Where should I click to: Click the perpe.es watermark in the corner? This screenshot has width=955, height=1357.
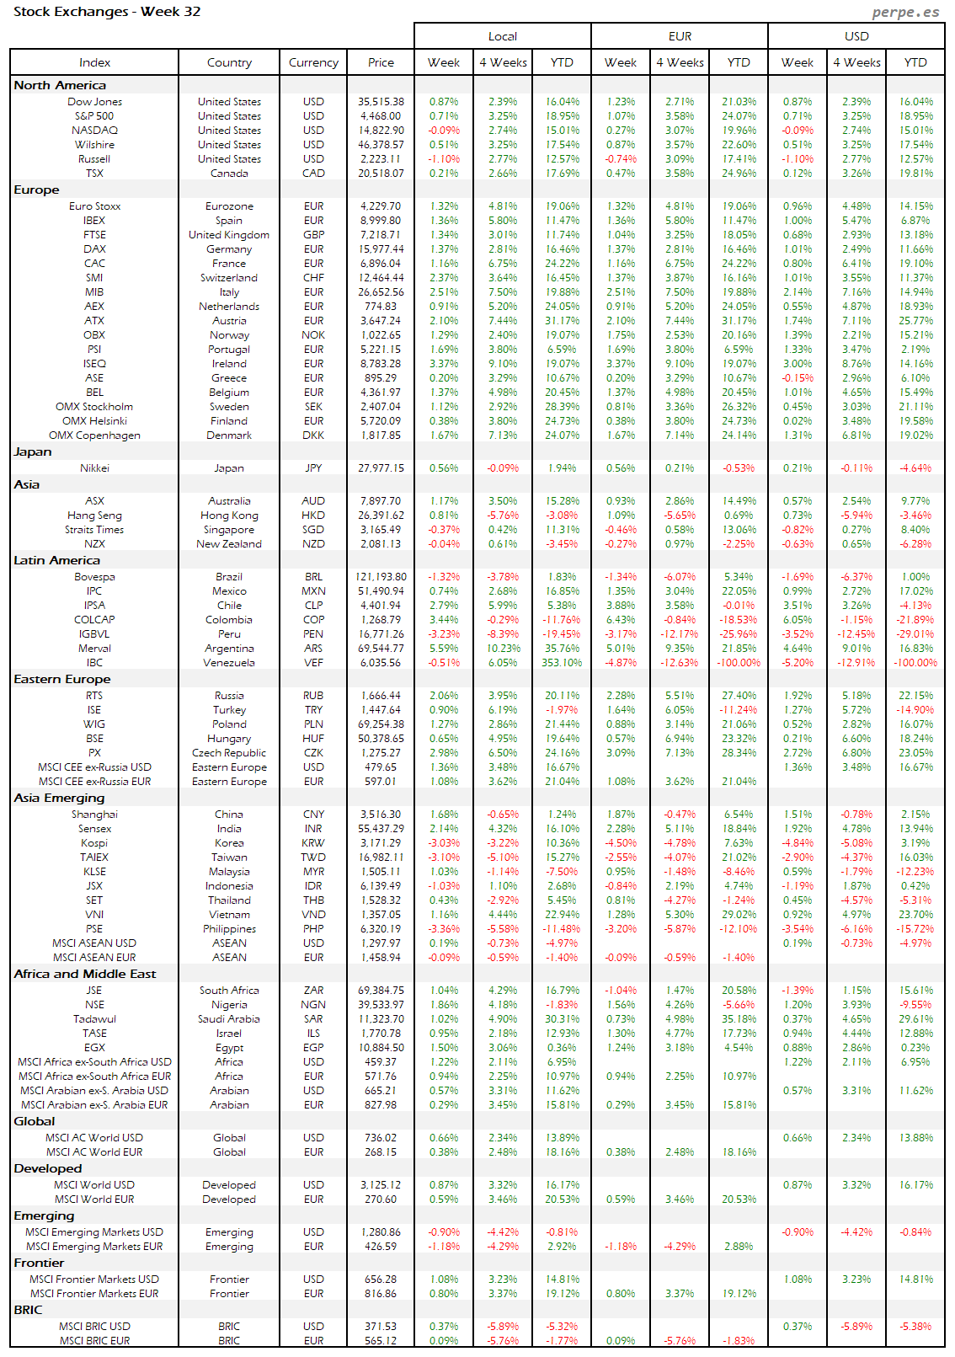[905, 12]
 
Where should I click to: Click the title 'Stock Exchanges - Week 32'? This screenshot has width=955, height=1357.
[107, 12]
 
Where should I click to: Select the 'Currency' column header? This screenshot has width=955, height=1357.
[313, 62]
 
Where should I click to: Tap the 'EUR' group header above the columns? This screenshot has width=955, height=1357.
[680, 36]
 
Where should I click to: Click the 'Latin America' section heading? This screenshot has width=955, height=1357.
[56, 560]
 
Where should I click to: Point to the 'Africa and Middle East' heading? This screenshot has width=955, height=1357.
[85, 974]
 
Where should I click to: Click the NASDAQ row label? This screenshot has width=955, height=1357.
[94, 131]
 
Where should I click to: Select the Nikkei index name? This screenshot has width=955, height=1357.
[94, 468]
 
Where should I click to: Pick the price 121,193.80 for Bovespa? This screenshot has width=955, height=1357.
[381, 577]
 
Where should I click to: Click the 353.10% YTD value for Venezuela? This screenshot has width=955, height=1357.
[562, 663]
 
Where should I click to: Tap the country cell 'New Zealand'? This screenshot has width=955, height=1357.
[229, 544]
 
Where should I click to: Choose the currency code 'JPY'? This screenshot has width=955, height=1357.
[313, 468]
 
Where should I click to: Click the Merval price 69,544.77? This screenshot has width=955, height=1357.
[381, 649]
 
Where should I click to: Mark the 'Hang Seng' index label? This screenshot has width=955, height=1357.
[94, 516]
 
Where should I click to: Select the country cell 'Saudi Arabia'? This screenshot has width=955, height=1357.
[229, 1019]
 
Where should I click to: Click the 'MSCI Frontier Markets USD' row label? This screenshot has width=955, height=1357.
[94, 1280]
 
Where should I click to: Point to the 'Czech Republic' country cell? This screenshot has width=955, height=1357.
[229, 753]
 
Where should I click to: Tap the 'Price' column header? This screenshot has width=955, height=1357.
[381, 62]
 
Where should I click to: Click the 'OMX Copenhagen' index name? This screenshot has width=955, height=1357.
[94, 435]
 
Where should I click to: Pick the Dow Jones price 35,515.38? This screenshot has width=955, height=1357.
[381, 102]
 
